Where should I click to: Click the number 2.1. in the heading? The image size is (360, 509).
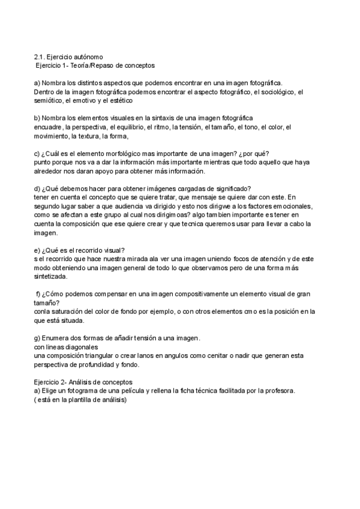click(x=39, y=55)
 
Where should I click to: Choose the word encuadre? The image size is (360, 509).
click(x=47, y=127)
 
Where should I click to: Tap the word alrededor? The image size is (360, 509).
click(x=49, y=171)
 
